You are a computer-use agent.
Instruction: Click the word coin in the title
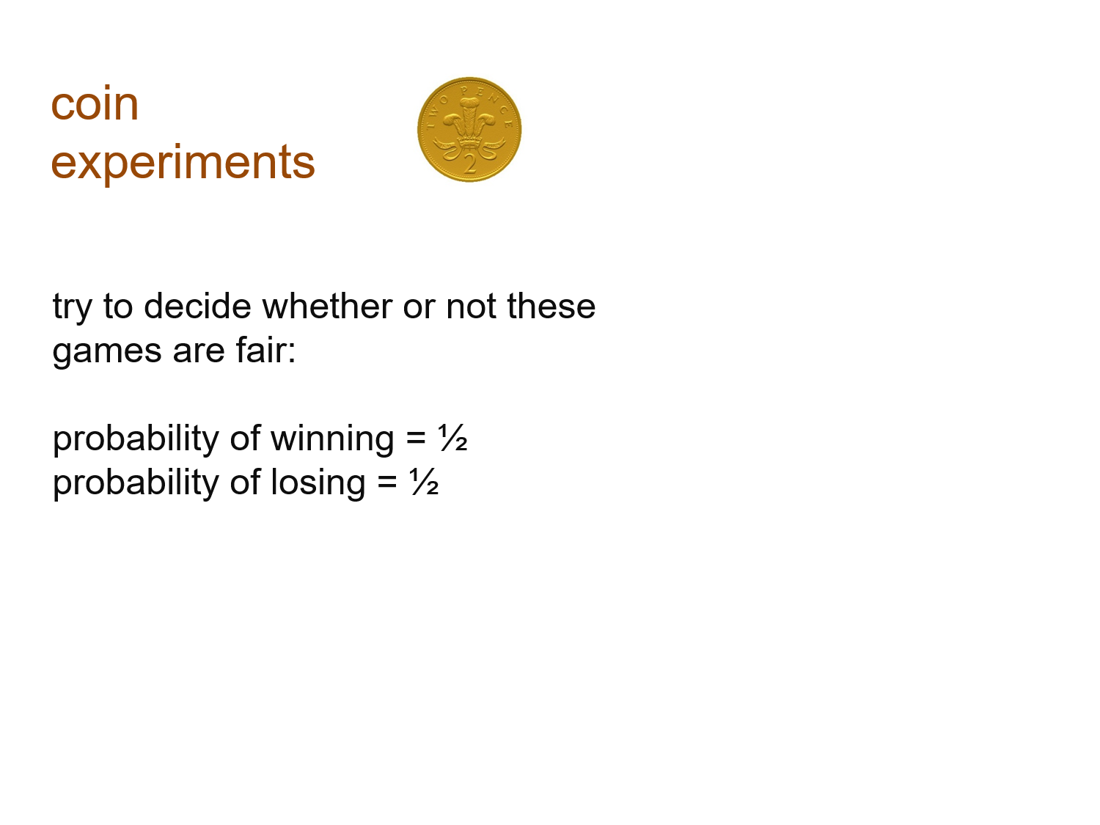[x=95, y=104]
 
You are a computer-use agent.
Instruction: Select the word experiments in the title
[x=183, y=163]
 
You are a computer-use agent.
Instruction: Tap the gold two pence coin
[x=469, y=130]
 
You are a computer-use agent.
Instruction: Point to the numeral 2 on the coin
[x=469, y=163]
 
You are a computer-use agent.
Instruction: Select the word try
[x=72, y=307]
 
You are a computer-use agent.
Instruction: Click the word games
[x=107, y=351]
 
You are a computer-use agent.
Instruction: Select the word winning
[x=332, y=439]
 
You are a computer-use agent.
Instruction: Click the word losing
[x=318, y=483]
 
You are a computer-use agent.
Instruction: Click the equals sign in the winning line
[x=416, y=439]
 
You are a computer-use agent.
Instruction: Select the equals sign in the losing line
[x=387, y=483]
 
